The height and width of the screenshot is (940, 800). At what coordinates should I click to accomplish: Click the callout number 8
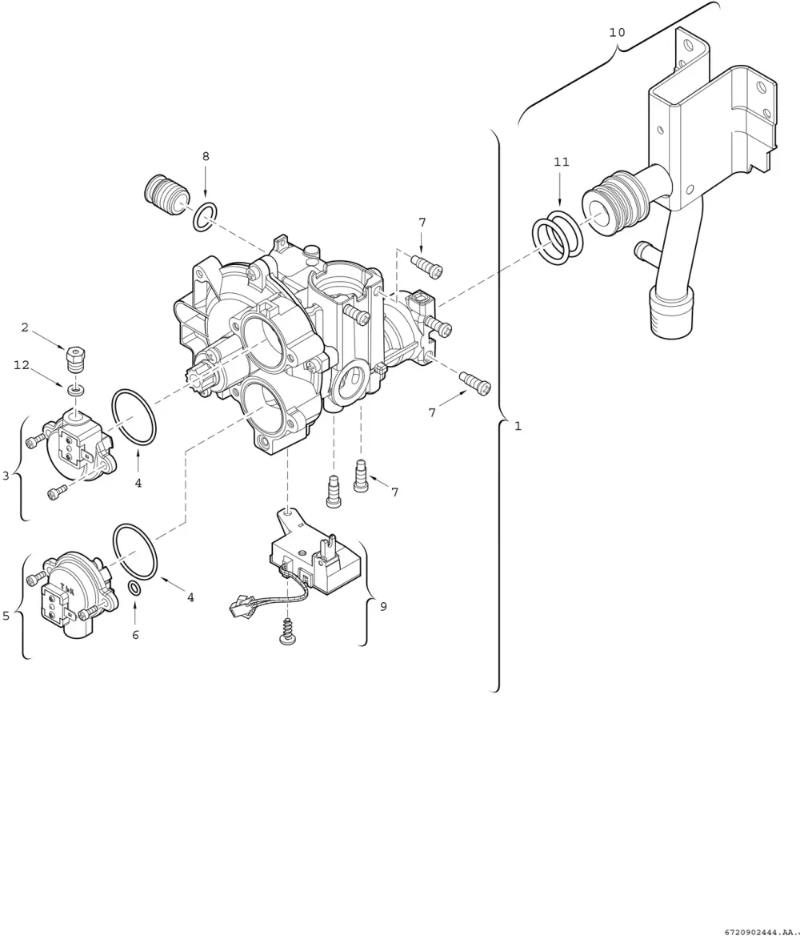click(x=206, y=156)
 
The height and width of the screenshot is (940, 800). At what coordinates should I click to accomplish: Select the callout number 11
click(x=561, y=162)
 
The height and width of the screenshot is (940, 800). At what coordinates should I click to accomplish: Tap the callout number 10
click(x=617, y=32)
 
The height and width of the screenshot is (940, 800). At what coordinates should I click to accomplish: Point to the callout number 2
click(x=25, y=327)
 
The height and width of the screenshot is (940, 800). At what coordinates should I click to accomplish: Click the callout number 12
click(x=22, y=365)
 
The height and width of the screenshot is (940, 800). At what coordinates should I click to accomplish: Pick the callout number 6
click(x=135, y=634)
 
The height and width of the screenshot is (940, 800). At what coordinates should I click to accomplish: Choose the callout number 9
click(x=383, y=606)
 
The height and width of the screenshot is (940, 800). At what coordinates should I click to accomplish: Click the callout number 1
click(x=518, y=426)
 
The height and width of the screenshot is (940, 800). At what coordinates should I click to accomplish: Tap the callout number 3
click(x=6, y=476)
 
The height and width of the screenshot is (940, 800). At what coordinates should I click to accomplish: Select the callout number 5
click(x=6, y=616)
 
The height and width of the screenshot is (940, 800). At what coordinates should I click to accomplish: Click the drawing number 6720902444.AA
click(x=761, y=933)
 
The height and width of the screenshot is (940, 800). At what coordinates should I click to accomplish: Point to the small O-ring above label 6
click(x=135, y=589)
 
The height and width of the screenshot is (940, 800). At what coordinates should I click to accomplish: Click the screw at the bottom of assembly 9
click(x=288, y=632)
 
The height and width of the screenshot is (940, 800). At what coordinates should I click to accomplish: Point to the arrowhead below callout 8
click(x=206, y=193)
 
